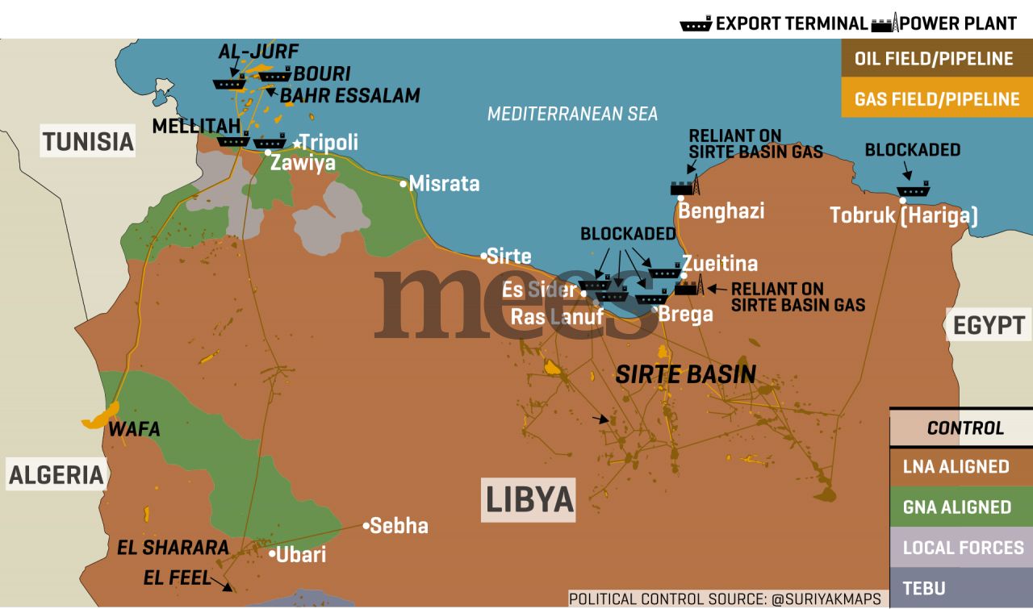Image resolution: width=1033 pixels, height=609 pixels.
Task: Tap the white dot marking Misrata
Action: coord(404,184)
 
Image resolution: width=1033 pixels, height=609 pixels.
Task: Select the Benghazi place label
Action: coord(721,211)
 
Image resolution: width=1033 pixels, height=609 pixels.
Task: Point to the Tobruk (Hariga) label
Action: coord(904,215)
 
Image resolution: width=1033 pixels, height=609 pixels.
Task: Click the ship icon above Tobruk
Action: coord(913,190)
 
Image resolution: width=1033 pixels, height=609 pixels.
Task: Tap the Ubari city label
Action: coord(301,555)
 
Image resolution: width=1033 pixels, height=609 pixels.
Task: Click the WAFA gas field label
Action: coord(136,429)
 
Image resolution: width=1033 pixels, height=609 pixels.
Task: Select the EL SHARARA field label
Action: coord(174,548)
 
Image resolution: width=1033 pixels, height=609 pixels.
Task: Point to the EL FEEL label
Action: coord(177,578)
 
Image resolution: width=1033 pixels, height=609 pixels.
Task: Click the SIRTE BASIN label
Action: coord(685,373)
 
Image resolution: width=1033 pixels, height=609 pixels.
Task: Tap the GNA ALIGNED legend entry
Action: coord(956,507)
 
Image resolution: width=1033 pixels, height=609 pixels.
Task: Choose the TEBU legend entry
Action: coord(924,588)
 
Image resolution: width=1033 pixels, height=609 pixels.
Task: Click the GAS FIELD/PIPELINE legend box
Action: coord(936,99)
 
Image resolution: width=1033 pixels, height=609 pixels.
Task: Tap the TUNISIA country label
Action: coord(87,142)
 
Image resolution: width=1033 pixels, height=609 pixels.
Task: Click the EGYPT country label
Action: coord(989,325)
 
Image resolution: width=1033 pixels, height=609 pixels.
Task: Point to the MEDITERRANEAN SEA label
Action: coord(572,114)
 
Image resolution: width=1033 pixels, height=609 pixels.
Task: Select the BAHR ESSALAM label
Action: coord(349,95)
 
